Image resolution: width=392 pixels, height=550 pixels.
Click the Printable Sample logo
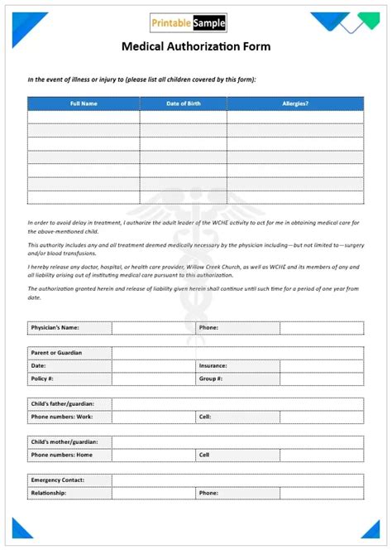(x=188, y=23)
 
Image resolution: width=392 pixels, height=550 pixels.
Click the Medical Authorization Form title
(x=196, y=46)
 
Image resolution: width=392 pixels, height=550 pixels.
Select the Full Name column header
(x=84, y=104)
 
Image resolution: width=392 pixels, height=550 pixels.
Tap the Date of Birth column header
(x=183, y=104)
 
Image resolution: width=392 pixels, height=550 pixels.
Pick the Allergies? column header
(x=294, y=104)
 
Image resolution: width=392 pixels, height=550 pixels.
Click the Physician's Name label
(x=55, y=328)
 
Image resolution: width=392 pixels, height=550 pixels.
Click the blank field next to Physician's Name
(x=153, y=328)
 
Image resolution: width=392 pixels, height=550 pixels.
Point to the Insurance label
(x=213, y=365)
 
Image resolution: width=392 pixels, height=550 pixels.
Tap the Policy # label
(x=43, y=379)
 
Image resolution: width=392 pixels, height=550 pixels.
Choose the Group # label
(x=210, y=379)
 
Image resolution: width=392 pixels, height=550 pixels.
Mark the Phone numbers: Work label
(x=62, y=417)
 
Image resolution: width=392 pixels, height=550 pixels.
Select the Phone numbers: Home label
(x=62, y=455)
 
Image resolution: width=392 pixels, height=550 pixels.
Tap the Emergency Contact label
(x=58, y=480)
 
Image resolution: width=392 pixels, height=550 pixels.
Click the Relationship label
(x=49, y=493)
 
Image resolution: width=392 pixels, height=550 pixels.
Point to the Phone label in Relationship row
(x=208, y=493)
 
